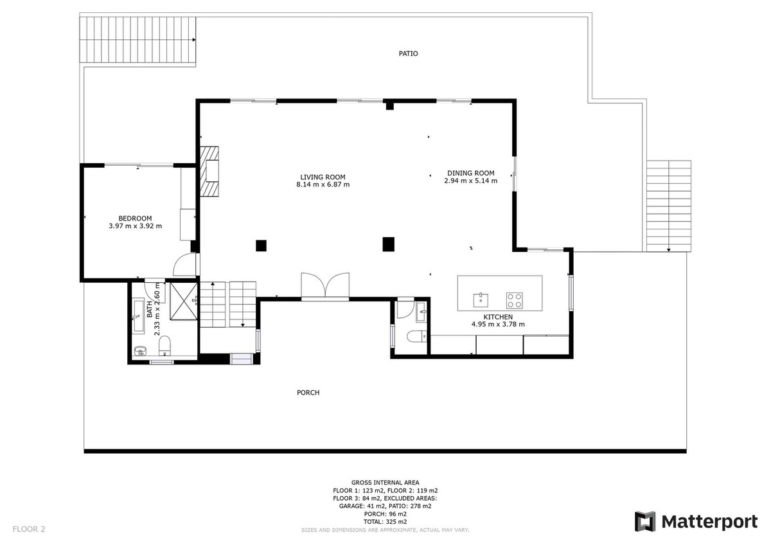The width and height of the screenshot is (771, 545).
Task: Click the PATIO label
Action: (408, 54)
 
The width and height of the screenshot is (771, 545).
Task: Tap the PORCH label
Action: (308, 393)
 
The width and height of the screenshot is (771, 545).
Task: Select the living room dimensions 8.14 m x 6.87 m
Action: (323, 185)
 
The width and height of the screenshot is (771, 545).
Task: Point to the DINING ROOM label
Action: (470, 173)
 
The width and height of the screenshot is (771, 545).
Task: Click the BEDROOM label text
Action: (135, 218)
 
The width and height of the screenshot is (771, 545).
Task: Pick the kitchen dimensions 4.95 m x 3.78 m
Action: (498, 325)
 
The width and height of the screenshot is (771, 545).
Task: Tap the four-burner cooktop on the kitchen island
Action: (515, 299)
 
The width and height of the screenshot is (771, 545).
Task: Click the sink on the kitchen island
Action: (481, 299)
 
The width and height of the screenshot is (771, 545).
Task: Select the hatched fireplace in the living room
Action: (209, 171)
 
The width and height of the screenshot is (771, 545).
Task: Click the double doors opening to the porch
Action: (326, 286)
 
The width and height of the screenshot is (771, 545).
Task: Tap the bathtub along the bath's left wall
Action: (139, 315)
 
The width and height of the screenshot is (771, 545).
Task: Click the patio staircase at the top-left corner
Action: (137, 40)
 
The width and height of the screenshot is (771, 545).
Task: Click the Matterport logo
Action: (696, 522)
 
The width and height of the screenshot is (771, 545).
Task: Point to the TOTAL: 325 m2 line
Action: (385, 521)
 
